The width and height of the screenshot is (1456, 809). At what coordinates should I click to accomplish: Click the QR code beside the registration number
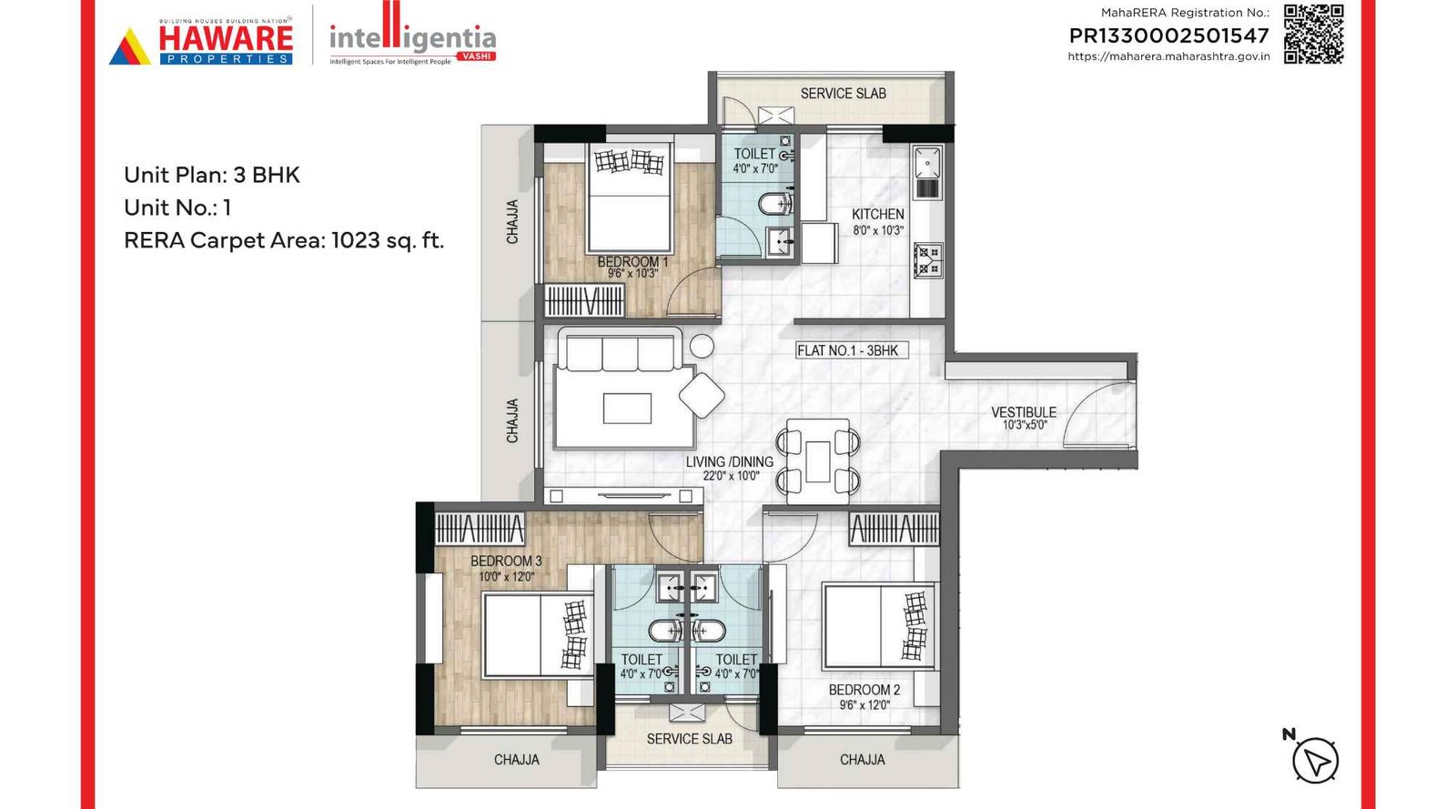pos(1313,35)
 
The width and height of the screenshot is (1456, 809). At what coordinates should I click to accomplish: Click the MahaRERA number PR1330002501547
pos(1168,36)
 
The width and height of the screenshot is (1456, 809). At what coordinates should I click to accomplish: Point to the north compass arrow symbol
pos(1315,760)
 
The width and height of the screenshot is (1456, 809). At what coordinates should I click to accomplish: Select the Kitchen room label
pos(877,215)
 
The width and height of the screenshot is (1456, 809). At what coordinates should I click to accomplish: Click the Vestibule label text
pos(1024,412)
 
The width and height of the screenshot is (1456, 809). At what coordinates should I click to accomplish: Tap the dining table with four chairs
pos(818,461)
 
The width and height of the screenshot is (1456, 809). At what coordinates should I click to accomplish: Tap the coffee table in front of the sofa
pos(627,409)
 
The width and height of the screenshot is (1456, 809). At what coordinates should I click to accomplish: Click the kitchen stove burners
pos(928,259)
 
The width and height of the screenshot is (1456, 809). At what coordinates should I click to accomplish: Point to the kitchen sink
pos(926,163)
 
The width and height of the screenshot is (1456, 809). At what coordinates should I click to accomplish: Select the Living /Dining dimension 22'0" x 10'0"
pos(731,476)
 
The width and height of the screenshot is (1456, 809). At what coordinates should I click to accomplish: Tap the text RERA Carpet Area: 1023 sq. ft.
pos(284,241)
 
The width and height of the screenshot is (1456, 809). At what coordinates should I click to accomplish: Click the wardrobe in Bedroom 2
pos(894,529)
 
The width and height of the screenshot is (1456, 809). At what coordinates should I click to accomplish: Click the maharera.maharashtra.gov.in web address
pos(1168,56)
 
